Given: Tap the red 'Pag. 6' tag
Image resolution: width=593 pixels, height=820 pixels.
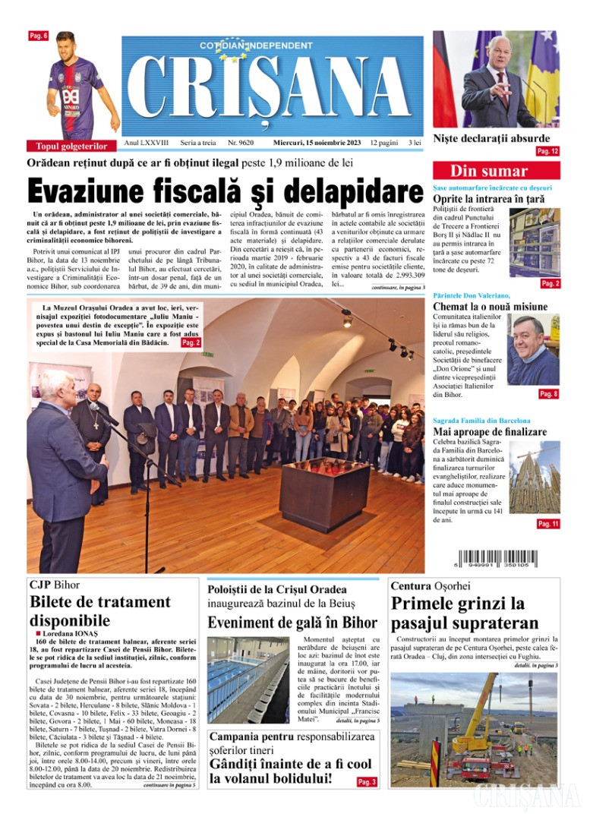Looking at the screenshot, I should [39, 36].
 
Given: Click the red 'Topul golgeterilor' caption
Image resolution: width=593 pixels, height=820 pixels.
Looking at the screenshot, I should [71, 146].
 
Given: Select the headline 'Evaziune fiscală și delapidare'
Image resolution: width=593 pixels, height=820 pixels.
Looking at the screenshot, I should [225, 189].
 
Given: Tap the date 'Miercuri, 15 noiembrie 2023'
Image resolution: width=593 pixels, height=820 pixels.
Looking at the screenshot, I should [317, 142].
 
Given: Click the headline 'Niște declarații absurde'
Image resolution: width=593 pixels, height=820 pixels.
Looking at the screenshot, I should [490, 138].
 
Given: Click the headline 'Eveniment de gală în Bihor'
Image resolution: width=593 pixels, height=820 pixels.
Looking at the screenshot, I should [292, 623].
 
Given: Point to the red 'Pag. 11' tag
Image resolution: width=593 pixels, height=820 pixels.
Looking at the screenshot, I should [547, 524].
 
